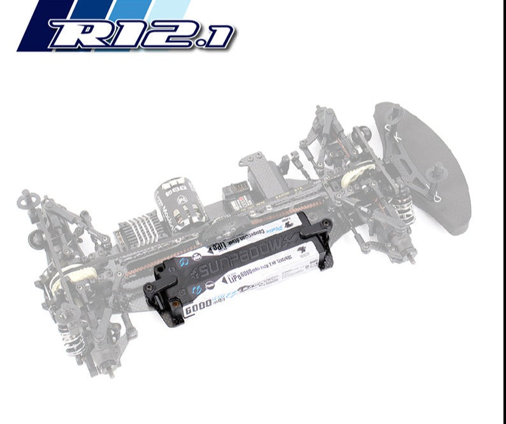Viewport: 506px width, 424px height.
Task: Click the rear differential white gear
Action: coord(81,274)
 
